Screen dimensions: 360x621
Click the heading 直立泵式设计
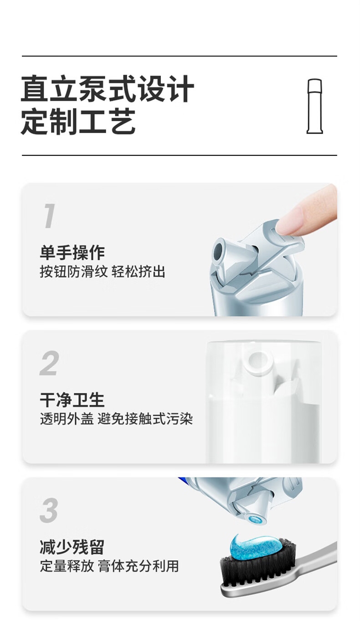pos(108,89)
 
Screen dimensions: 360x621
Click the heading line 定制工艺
pos(78,122)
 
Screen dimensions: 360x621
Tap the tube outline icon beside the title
pos(315,106)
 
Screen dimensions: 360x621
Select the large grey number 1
pos(49,216)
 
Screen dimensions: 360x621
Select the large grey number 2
pos(49,363)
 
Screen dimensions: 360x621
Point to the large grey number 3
pos(49,510)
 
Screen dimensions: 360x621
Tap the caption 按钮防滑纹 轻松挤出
pos(103,272)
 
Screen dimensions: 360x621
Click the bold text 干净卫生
pos(72,400)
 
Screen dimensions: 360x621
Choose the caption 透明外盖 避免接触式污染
pos(116,419)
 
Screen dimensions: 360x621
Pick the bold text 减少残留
pos(72,548)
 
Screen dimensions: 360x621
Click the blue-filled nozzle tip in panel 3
pos(254,520)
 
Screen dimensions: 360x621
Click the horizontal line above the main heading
pos(180,56)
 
